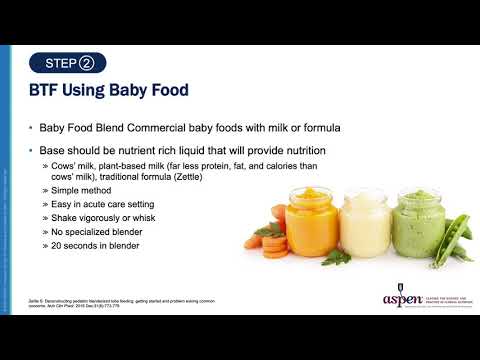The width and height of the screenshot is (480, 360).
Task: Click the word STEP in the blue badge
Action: coord(62,64)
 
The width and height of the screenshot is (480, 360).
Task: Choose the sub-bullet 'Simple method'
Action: coord(81,188)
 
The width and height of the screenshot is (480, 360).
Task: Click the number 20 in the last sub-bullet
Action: coord(56,245)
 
